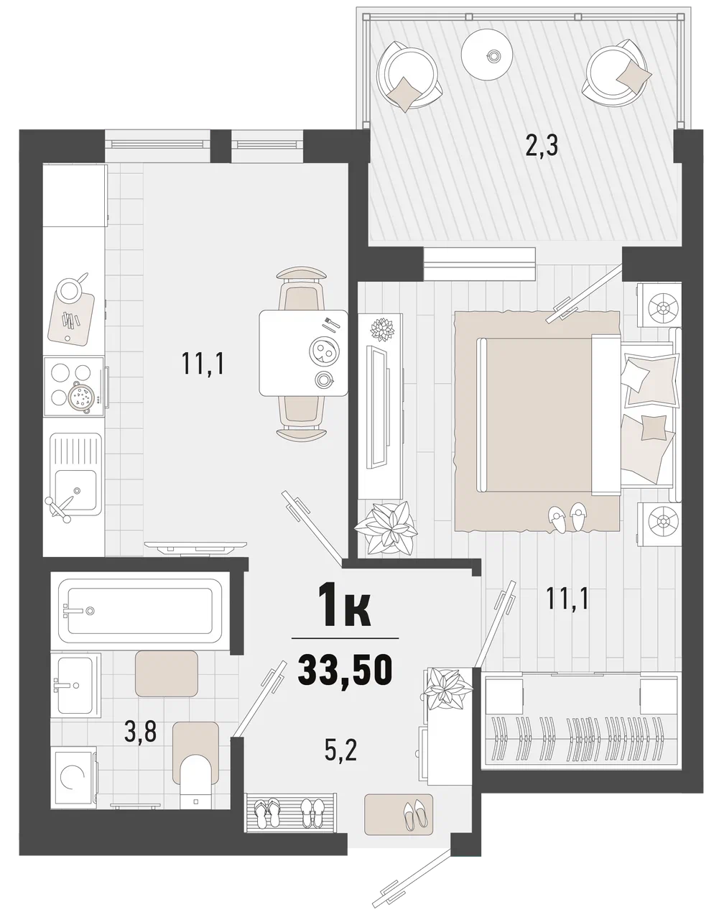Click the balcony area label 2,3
(542, 146)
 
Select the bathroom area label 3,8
(140, 732)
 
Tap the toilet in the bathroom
(196, 783)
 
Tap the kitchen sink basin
(76, 489)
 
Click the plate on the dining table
(323, 350)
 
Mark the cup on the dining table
(325, 379)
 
